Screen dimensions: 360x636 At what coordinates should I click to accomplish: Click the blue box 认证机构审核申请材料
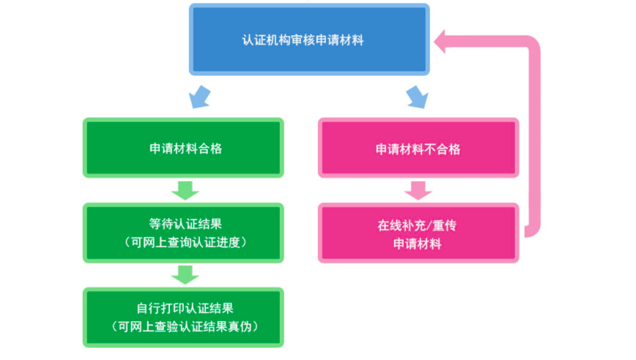(308, 40)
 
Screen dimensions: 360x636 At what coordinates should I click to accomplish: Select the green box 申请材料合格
(183, 148)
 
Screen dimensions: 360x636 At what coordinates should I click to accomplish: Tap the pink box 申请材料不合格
(418, 148)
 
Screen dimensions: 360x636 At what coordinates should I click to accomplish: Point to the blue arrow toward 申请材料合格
(199, 96)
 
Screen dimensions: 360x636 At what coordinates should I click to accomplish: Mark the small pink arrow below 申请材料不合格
(418, 190)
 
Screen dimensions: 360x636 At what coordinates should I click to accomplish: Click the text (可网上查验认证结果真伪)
(183, 326)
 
